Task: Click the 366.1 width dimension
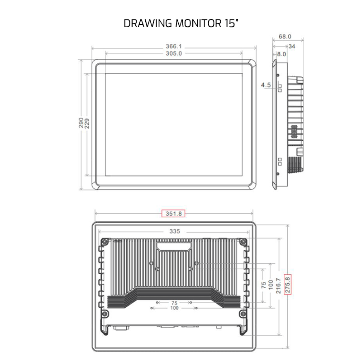[x=174, y=47]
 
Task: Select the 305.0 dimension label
[x=173, y=53]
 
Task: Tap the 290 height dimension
[x=81, y=124]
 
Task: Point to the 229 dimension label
[x=86, y=124]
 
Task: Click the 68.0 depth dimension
[x=285, y=37]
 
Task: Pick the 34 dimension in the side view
[x=292, y=46]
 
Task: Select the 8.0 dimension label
[x=281, y=54]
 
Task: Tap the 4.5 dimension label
[x=266, y=85]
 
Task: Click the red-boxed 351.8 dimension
[x=174, y=214]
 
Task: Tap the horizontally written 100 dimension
[x=174, y=308]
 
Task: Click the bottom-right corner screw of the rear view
[x=244, y=314]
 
